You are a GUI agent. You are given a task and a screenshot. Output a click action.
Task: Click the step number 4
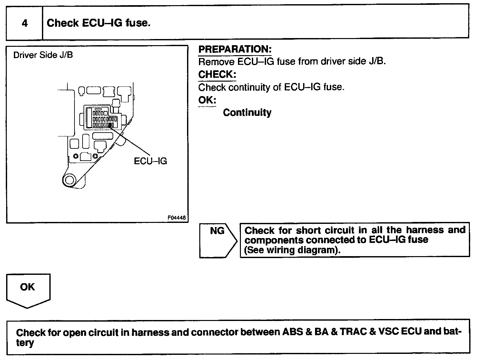pyautogui.click(x=25, y=23)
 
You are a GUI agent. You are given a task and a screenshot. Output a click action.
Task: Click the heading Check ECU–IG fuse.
pyautogui.click(x=98, y=23)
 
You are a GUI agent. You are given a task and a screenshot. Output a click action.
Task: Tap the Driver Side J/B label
pyautogui.click(x=43, y=55)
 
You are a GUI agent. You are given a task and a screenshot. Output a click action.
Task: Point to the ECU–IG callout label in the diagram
pyautogui.click(x=150, y=161)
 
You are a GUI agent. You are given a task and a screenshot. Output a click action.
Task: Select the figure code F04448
pyautogui.click(x=176, y=218)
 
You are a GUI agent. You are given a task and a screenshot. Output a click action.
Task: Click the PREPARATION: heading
pyautogui.click(x=235, y=49)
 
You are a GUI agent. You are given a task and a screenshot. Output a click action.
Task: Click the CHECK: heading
pyautogui.click(x=217, y=75)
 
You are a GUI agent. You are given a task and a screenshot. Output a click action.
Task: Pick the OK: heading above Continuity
pyautogui.click(x=207, y=100)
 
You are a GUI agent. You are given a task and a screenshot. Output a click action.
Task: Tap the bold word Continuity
pyautogui.click(x=247, y=113)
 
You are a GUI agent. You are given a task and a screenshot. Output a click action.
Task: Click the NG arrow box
pyautogui.click(x=218, y=240)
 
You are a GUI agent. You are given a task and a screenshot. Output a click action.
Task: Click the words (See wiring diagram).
pyautogui.click(x=292, y=250)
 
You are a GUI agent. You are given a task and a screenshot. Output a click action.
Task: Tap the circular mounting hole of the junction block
pyautogui.click(x=69, y=180)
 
